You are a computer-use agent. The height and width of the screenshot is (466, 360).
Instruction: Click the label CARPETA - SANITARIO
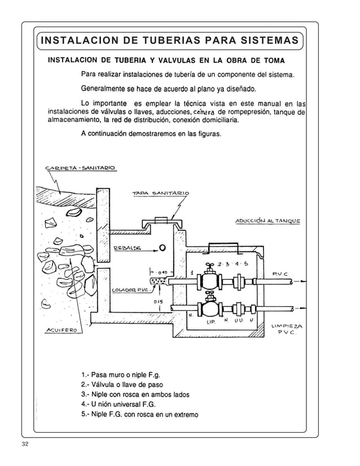pyautogui.click(x=79, y=168)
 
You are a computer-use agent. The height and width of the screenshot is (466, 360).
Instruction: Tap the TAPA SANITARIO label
pyautogui.click(x=160, y=194)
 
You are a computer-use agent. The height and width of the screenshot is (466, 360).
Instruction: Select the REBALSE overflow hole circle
pyautogui.click(x=162, y=247)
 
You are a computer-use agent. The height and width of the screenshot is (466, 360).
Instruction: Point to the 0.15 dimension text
pyautogui.click(x=159, y=302)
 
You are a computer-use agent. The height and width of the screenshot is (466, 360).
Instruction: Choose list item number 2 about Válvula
pyautogui.click(x=122, y=385)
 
